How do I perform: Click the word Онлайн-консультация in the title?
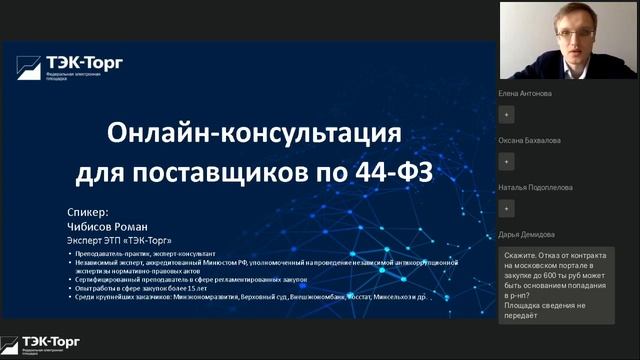(254, 133)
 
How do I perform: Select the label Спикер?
(85, 213)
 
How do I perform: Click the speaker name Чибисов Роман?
(103, 226)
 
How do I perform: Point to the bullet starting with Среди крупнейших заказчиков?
(250, 297)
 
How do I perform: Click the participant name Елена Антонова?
(524, 94)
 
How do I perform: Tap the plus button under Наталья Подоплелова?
(507, 208)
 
